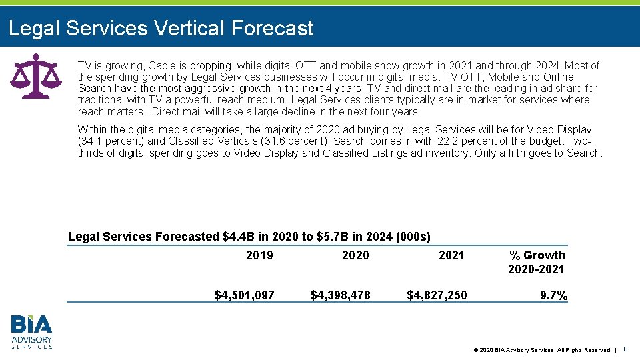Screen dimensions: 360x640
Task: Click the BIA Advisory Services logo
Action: (31, 332)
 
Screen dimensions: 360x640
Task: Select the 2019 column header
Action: (259, 255)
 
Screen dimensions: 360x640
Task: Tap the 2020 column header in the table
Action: (355, 255)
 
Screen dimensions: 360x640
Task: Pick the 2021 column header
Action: (451, 255)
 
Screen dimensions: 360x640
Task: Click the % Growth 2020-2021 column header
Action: (536, 262)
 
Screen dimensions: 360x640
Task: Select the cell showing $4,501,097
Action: (244, 295)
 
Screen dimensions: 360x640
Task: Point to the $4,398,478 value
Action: (340, 295)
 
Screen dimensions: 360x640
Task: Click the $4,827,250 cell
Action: (437, 295)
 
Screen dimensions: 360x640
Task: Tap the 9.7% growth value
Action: (553, 295)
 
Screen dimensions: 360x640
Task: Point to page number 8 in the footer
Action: (626, 349)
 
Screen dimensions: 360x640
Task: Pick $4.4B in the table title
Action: (241, 237)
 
